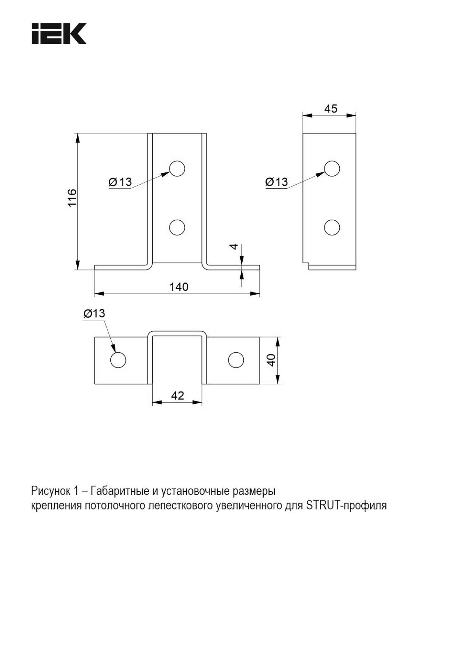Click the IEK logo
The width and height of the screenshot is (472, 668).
point(59,34)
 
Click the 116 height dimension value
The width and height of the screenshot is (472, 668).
point(72,197)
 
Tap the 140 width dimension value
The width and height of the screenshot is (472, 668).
point(179,287)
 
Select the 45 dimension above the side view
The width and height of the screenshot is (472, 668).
point(331,109)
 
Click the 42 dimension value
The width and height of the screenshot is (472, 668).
point(177,395)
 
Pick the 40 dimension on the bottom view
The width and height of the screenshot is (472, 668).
point(271,360)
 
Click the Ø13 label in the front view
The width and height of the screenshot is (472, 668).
point(120,182)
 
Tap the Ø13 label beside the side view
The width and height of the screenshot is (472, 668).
point(277,182)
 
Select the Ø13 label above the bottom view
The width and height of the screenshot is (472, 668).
point(94,314)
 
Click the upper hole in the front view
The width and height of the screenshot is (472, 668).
point(177,168)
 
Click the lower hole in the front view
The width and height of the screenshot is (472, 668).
point(177,227)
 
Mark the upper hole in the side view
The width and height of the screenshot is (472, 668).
point(332,168)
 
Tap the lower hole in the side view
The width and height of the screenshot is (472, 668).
point(332,227)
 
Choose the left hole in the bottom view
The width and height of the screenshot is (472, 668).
point(118,360)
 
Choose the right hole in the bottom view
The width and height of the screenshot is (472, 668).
point(236,360)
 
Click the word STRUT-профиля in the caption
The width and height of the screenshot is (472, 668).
point(347,505)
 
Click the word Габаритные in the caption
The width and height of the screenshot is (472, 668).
point(119,491)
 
